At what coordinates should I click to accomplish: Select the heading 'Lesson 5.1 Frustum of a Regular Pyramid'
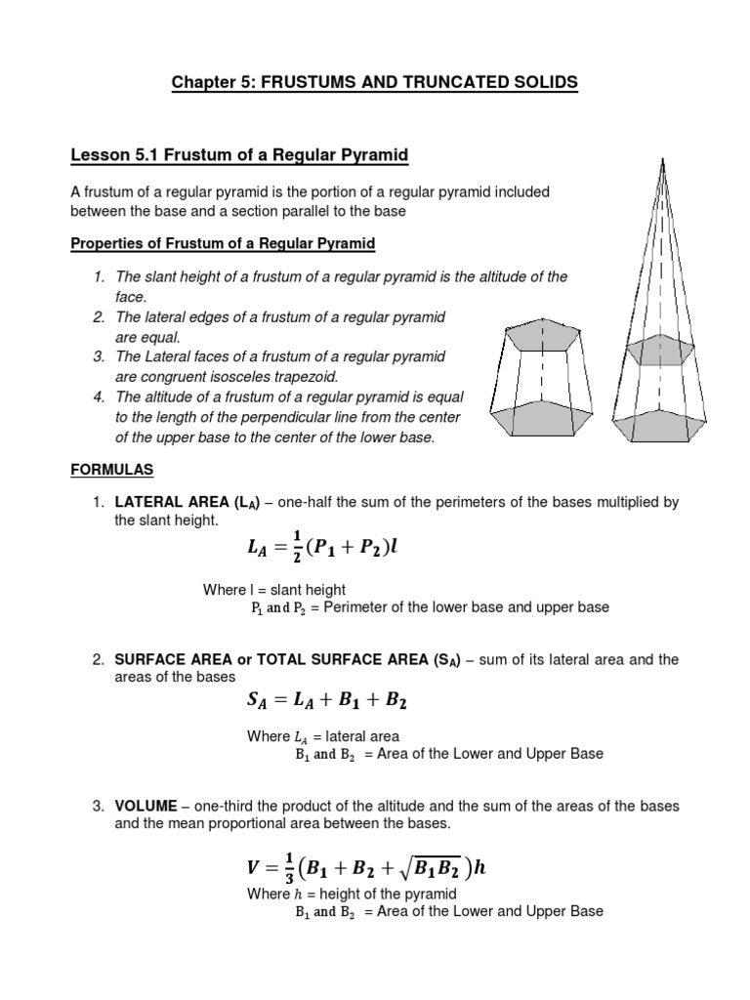[239, 155]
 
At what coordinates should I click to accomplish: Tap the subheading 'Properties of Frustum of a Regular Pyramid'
[223, 241]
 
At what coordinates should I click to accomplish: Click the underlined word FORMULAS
[112, 470]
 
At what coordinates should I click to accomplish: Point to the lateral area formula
[322, 550]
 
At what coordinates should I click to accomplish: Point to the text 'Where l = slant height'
[274, 590]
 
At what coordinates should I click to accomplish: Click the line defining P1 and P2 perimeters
[430, 607]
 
